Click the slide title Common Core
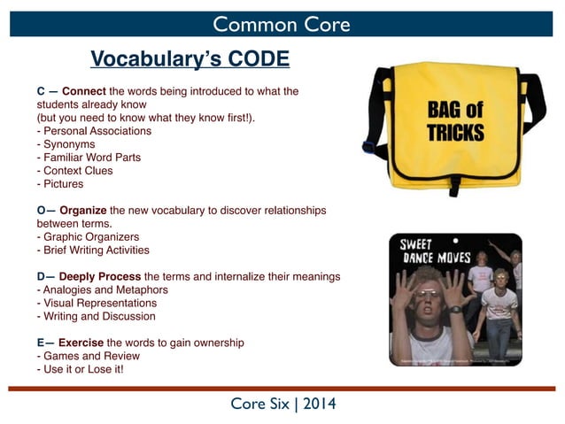[282, 24]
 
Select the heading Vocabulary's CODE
[190, 59]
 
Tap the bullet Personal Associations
[94, 131]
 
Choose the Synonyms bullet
[66, 144]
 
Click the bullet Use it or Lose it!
[80, 369]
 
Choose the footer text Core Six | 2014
[282, 405]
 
